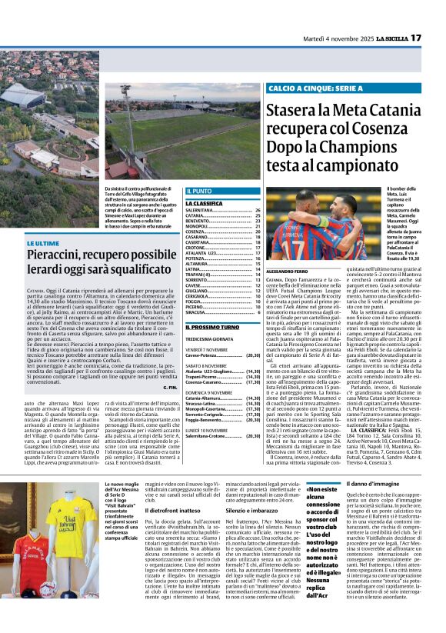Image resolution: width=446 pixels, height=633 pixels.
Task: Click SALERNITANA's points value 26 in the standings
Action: pos(258,209)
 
